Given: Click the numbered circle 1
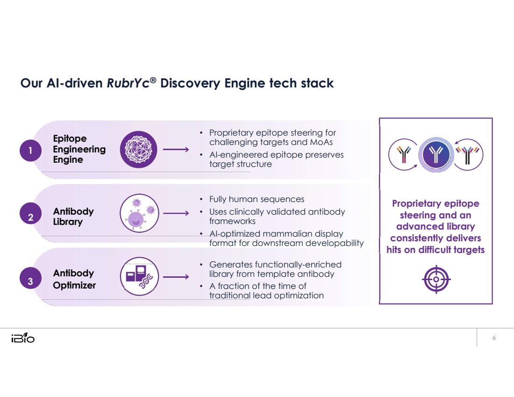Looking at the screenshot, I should [x=30, y=151].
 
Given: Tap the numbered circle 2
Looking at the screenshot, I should [x=30, y=217].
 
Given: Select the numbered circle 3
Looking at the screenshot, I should [x=30, y=282].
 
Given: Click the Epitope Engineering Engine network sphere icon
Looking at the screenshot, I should [x=139, y=150].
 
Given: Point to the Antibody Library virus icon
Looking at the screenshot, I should [x=139, y=214].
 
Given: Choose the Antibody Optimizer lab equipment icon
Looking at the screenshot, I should [x=139, y=276].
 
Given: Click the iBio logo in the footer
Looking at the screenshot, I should [x=22, y=338].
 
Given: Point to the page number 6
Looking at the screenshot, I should [x=494, y=338].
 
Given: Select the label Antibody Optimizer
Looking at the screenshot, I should [x=74, y=279].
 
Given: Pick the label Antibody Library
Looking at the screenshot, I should [x=73, y=217].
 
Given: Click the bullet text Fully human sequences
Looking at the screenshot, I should [x=257, y=199].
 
